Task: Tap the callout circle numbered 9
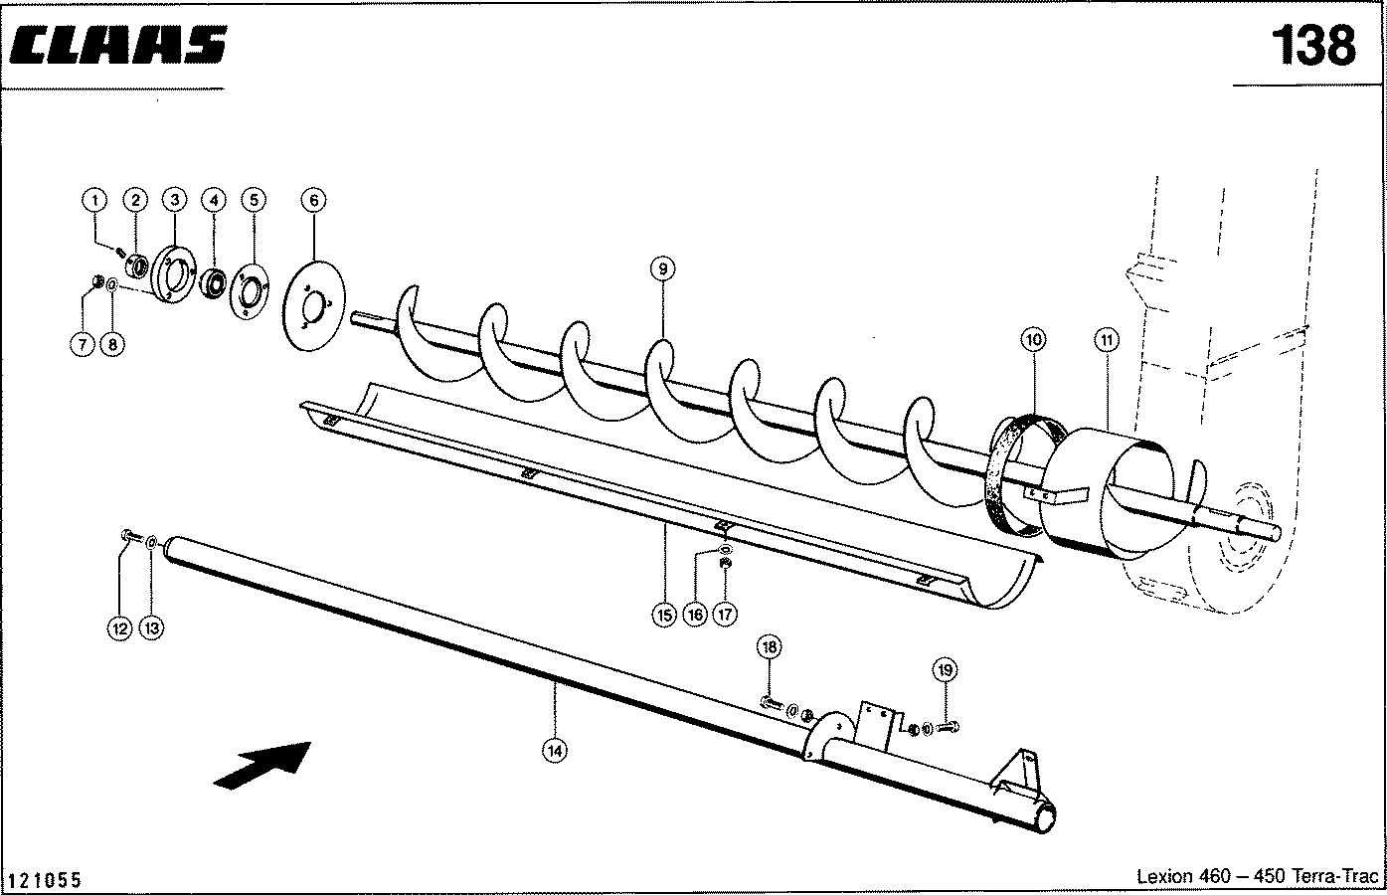click(x=663, y=267)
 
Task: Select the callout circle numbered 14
click(x=556, y=751)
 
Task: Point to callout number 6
click(x=312, y=200)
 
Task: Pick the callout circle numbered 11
click(x=1107, y=341)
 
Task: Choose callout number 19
click(x=945, y=670)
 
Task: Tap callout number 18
click(x=769, y=647)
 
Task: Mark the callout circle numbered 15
click(x=663, y=615)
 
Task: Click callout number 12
click(x=120, y=627)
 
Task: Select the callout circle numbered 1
click(x=95, y=200)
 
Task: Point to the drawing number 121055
click(x=45, y=880)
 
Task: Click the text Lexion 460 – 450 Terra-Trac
click(x=1257, y=876)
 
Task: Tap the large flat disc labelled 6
click(x=312, y=304)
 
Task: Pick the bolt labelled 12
click(x=126, y=537)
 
